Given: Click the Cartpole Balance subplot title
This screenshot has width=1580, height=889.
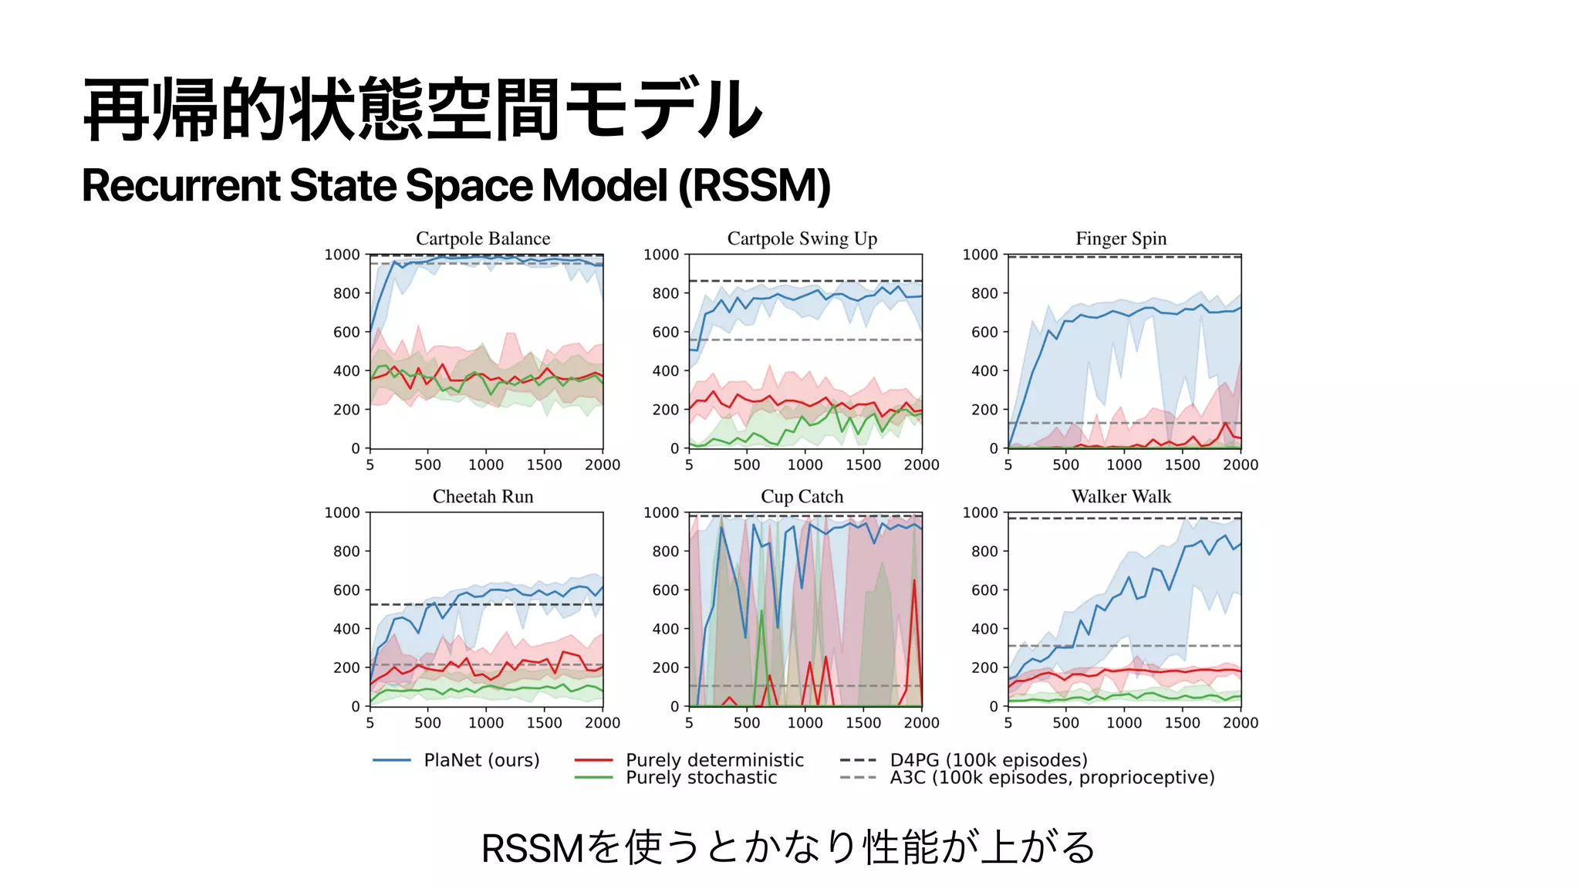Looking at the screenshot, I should pyautogui.click(x=483, y=238).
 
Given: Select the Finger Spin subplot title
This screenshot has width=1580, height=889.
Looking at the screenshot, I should pyautogui.click(x=1121, y=238).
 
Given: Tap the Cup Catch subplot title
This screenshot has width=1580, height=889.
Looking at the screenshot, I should pyautogui.click(x=802, y=496).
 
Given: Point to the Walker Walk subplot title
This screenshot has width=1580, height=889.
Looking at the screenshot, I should pyautogui.click(x=1121, y=496).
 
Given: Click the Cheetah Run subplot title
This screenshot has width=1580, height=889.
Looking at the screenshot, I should pyautogui.click(x=483, y=496).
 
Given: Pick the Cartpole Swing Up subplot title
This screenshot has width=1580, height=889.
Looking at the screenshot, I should pyautogui.click(x=802, y=238).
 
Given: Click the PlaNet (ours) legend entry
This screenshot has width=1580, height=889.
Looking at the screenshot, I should pyautogui.click(x=481, y=760).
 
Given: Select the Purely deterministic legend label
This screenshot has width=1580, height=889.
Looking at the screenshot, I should pyautogui.click(x=714, y=760).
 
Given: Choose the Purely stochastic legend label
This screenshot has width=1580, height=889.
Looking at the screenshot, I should pyautogui.click(x=701, y=778).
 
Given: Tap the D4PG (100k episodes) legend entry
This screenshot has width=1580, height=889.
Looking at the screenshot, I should pyautogui.click(x=988, y=760).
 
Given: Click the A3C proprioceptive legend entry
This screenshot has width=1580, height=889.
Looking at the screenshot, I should pyautogui.click(x=1052, y=778).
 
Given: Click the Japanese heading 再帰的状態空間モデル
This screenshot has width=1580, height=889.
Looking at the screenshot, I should pyautogui.click(x=422, y=110).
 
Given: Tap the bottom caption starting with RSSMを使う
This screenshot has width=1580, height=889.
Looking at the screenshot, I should pyautogui.click(x=788, y=847).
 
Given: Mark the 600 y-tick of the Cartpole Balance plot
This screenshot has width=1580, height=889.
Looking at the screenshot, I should pyautogui.click(x=346, y=332).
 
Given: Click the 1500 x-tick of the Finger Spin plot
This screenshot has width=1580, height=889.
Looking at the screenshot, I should pyautogui.click(x=1182, y=465).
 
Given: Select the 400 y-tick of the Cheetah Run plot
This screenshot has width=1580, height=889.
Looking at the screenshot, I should pyautogui.click(x=346, y=629).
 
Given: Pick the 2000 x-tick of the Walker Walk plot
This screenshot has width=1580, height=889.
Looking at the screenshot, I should pyautogui.click(x=1240, y=722).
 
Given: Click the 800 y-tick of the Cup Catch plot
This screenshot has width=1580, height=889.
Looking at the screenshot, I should pyautogui.click(x=665, y=551).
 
